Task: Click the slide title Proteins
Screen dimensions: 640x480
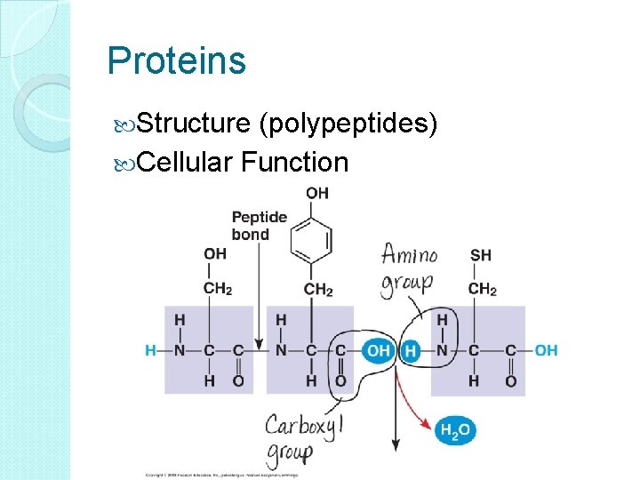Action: (x=176, y=61)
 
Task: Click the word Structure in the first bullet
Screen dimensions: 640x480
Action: (x=193, y=124)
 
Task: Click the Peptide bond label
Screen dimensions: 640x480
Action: (x=259, y=226)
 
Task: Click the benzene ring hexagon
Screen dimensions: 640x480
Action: (x=317, y=240)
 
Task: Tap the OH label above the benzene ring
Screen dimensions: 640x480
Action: (x=317, y=193)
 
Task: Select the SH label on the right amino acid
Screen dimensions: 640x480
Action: (x=480, y=255)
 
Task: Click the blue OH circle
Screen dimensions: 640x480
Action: (x=379, y=350)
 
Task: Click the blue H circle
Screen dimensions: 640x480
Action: (x=411, y=350)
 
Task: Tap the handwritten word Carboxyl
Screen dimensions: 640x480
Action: (x=303, y=426)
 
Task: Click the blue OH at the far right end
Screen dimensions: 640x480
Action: (x=546, y=350)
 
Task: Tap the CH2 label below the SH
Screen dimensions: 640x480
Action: (x=482, y=289)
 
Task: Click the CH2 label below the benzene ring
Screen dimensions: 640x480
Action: (x=317, y=289)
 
